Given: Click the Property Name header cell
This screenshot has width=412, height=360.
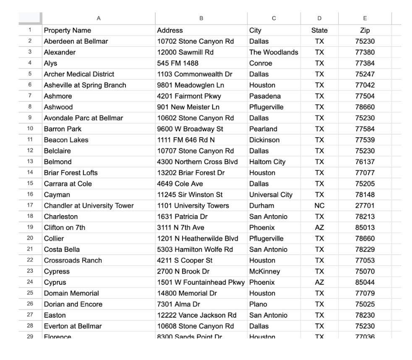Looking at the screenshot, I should click(x=68, y=31).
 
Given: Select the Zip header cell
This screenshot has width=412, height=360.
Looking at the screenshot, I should click(x=365, y=31).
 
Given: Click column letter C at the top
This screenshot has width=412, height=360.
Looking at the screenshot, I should click(x=274, y=18).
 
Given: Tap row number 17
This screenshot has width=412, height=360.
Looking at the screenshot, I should click(x=30, y=206).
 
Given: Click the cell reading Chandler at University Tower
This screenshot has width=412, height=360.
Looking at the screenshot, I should click(x=89, y=206).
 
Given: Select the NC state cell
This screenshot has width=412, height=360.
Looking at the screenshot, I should click(x=320, y=206).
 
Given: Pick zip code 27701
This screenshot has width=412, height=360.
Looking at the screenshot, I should click(x=365, y=206).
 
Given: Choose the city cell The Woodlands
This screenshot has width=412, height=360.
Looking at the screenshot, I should click(x=274, y=52).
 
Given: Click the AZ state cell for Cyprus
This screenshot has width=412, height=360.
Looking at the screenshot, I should click(x=320, y=282).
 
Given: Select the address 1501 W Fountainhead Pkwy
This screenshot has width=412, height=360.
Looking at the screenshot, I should click(x=201, y=282).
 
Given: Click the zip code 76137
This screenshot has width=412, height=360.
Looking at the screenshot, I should click(x=365, y=162).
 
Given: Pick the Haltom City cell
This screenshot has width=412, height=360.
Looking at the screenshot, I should click(x=268, y=162).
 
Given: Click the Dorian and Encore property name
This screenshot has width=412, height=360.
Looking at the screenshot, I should click(x=73, y=304).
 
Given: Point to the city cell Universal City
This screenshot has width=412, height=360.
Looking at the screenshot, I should click(x=271, y=195).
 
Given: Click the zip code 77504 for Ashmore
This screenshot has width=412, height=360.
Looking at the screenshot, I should click(x=365, y=96).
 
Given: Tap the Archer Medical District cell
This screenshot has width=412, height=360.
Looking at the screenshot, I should click(x=79, y=74).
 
